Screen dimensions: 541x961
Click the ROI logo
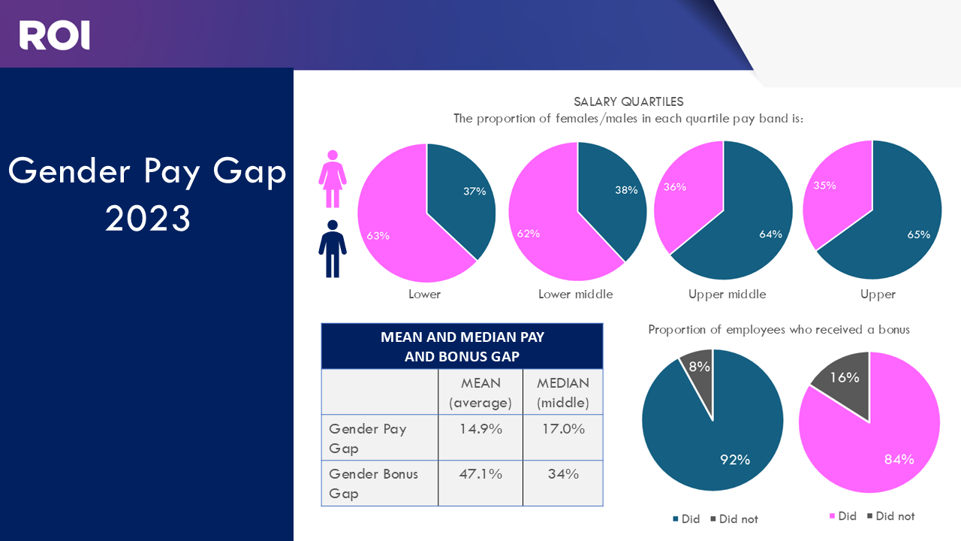(54, 35)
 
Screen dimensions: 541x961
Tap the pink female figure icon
(333, 179)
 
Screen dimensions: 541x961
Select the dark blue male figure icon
(333, 249)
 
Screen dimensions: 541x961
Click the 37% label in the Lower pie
(474, 191)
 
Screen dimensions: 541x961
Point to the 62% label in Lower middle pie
(529, 234)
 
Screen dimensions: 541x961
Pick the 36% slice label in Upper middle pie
(675, 186)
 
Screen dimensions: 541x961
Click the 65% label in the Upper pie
(918, 234)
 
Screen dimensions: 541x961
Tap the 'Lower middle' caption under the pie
(575, 295)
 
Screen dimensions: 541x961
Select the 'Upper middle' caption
(727, 295)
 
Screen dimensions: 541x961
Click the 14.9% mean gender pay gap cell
(480, 429)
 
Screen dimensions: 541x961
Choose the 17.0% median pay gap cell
(562, 429)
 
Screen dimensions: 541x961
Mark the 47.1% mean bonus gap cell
(480, 474)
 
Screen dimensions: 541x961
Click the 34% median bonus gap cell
(562, 474)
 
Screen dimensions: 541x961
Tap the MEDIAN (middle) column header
(562, 392)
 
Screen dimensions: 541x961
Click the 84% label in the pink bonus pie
(898, 459)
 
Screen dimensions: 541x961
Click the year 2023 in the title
(147, 219)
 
